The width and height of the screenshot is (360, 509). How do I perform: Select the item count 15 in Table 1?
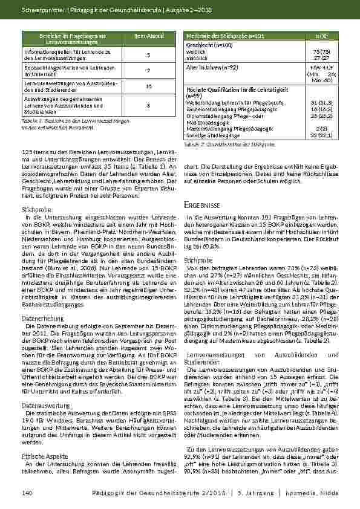[149, 86]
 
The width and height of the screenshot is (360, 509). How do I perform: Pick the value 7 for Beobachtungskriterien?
[149, 70]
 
